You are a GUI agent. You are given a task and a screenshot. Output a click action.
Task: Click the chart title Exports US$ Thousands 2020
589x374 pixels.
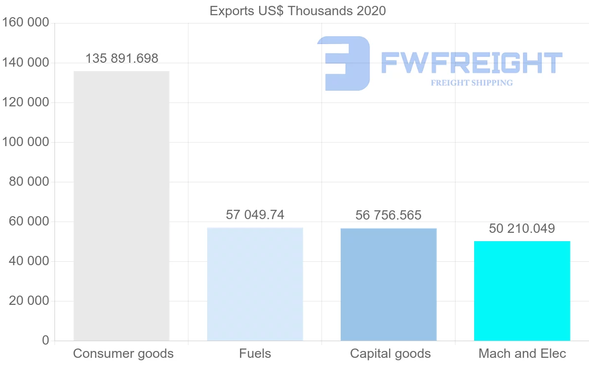click(297, 10)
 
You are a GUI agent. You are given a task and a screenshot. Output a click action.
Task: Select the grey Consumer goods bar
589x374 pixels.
click(121, 206)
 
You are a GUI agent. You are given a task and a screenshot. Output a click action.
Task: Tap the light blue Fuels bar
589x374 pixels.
click(255, 284)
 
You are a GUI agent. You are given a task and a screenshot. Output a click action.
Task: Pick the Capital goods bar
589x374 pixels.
click(388, 284)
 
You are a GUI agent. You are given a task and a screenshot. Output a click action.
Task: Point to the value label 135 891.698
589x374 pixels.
click(122, 59)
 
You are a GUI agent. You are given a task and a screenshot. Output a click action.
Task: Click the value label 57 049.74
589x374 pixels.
click(255, 215)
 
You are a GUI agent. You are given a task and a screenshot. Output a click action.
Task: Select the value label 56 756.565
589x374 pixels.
click(388, 215)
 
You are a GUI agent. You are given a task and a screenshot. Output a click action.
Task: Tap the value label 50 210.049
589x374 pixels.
click(522, 228)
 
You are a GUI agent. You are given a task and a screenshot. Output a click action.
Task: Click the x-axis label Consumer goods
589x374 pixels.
click(123, 353)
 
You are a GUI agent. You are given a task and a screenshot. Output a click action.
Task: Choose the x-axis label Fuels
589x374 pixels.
click(255, 353)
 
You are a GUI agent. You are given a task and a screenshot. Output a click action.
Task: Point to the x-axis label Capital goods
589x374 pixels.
click(390, 353)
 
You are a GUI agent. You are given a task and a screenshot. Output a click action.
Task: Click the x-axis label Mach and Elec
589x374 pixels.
click(522, 353)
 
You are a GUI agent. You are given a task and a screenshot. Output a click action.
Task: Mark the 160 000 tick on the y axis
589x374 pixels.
click(26, 23)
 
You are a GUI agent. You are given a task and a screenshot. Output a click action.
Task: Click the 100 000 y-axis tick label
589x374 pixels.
click(26, 142)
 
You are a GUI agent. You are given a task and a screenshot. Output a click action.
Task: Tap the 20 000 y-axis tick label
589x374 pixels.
click(29, 301)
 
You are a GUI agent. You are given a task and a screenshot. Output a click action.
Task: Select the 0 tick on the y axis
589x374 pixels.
click(45, 340)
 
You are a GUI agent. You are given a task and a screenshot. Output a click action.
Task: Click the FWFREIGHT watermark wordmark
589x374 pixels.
click(471, 63)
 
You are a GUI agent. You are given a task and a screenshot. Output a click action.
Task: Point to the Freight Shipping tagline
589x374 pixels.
click(471, 83)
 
